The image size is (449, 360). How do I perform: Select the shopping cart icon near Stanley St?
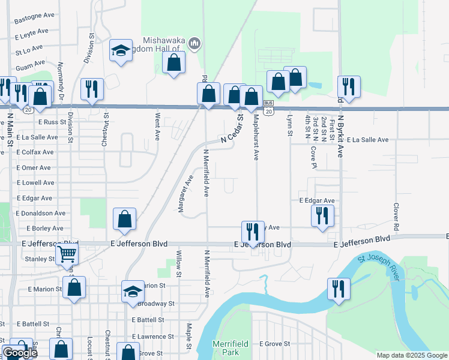pyautogui.click(x=67, y=254)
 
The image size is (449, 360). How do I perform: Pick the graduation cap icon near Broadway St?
pyautogui.click(x=133, y=292)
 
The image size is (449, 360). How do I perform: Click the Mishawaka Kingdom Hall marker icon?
pyautogui.click(x=194, y=43)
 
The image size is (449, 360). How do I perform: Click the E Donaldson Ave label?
pyautogui.click(x=41, y=213)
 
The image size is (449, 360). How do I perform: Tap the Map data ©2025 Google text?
pyautogui.click(x=412, y=355)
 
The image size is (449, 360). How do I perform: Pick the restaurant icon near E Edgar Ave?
pyautogui.click(x=322, y=215)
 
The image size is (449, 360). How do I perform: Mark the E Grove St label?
pyautogui.click(x=274, y=344)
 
